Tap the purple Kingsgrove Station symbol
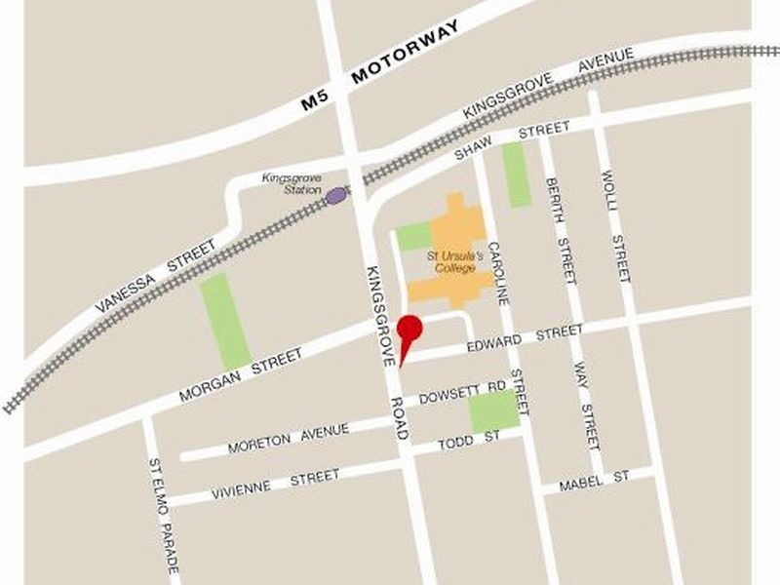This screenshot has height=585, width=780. pos(336,196)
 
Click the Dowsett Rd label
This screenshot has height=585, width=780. pos(462,395)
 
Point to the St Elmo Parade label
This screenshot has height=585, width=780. pos(163,515)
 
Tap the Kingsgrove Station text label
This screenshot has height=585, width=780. pos(291,183)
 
